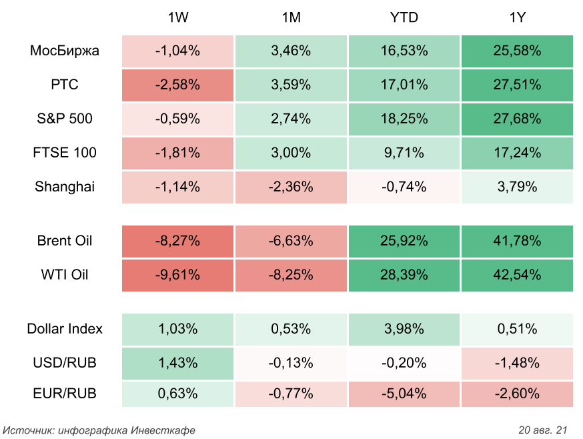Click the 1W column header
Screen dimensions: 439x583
point(177,17)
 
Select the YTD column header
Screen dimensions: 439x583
point(404,17)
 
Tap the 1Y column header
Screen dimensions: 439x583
point(517,17)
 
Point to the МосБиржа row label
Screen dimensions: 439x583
point(65,51)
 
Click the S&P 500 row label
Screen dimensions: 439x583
point(65,119)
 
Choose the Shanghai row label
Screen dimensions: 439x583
point(65,187)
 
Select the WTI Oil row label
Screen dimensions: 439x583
point(65,275)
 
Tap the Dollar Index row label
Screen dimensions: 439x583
point(65,328)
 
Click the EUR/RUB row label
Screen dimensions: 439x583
point(65,394)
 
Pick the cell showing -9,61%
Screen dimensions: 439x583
point(177,275)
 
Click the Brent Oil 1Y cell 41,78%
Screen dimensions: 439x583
point(517,241)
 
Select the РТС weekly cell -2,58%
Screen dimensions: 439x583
point(177,85)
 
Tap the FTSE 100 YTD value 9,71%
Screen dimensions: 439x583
point(404,153)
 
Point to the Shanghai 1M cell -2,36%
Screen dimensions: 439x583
point(291,187)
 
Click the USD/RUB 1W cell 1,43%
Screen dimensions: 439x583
point(177,363)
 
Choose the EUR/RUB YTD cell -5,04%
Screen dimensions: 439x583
point(404,394)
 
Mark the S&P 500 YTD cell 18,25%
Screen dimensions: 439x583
point(404,119)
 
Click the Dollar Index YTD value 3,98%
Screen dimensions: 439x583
point(404,328)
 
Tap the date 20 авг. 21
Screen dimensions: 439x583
point(542,429)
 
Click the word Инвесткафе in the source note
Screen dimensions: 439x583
point(163,430)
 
